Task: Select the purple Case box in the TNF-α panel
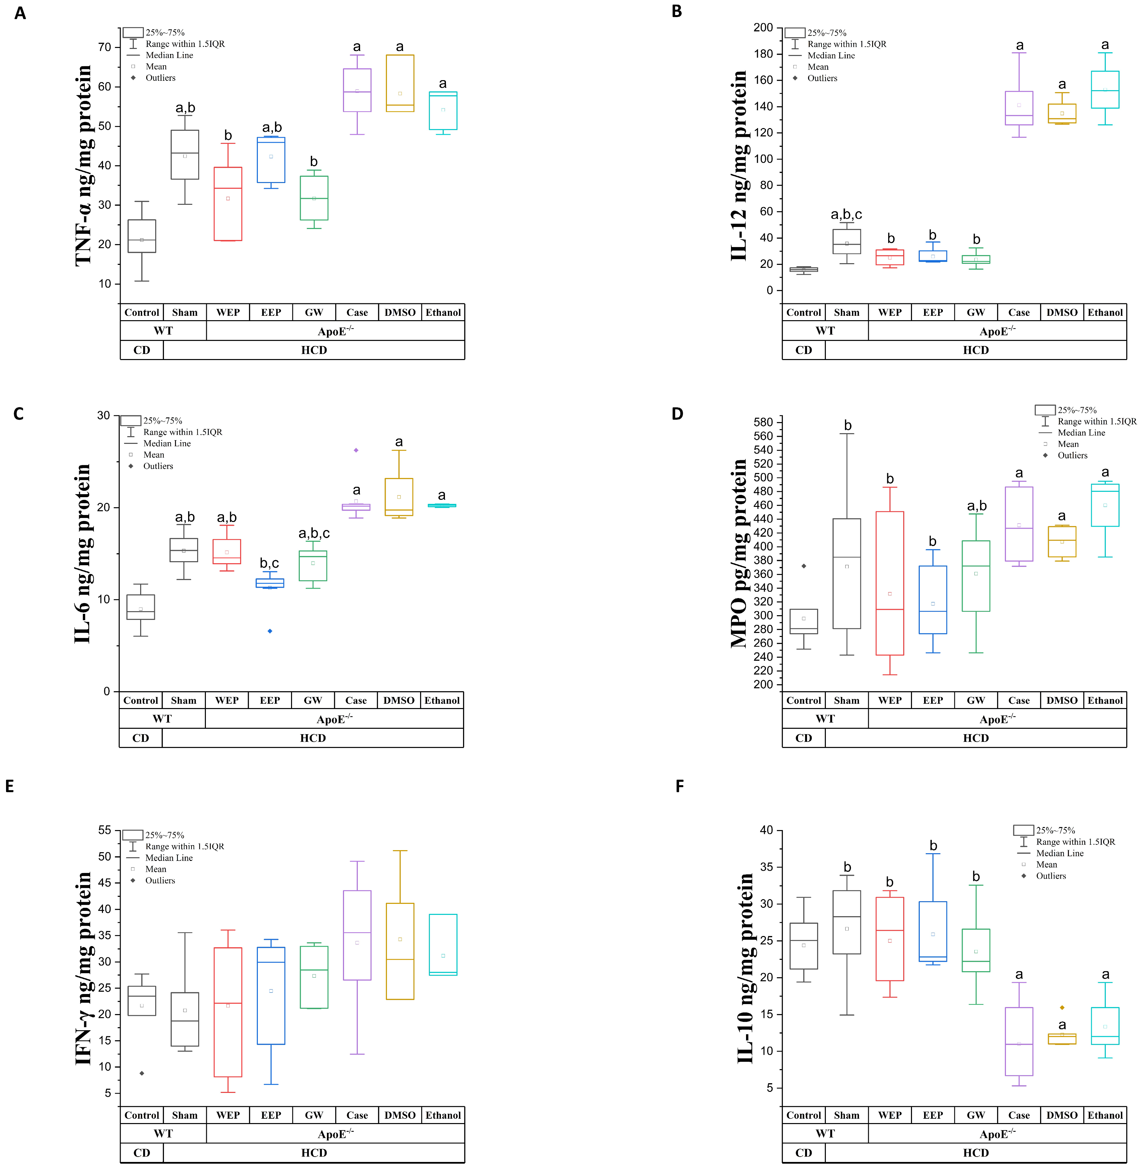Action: point(357,90)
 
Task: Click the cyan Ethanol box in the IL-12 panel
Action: point(1105,90)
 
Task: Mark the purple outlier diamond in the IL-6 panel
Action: point(356,450)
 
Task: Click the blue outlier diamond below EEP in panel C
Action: point(270,631)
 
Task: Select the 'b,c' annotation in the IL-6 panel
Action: point(270,563)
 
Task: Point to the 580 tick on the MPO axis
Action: point(763,422)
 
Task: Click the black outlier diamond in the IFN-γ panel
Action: point(142,1073)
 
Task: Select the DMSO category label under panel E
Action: point(400,1115)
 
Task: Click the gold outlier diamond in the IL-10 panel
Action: point(1062,1007)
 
